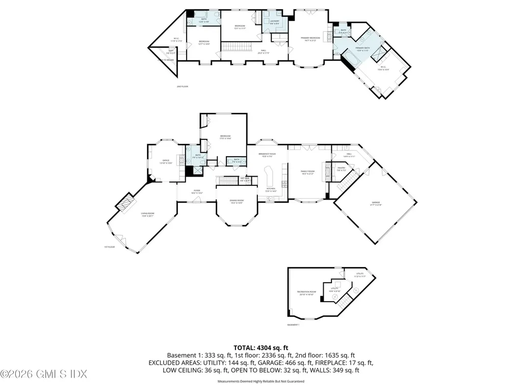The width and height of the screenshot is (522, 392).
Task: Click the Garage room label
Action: [376, 204]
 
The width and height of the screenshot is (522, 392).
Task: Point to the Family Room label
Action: [307, 173]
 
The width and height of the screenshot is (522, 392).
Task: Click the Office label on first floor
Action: [166, 161]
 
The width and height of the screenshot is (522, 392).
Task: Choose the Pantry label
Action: [342, 168]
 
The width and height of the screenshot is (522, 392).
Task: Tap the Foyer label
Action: [197, 192]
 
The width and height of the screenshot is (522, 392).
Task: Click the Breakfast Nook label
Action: [267, 155]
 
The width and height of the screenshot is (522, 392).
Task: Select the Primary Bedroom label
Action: [310, 39]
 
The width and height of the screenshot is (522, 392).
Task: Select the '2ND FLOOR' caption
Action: [182, 87]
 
